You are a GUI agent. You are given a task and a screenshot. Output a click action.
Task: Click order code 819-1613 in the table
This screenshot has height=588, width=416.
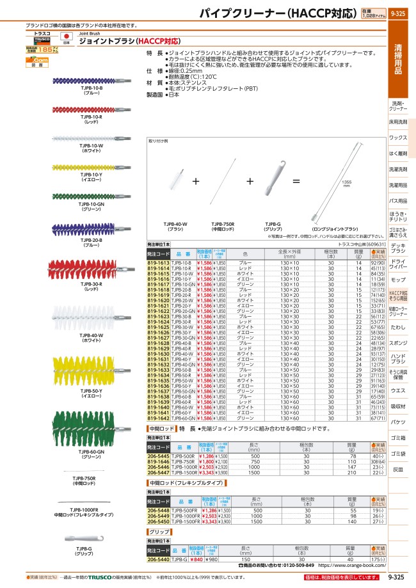pos(159,263)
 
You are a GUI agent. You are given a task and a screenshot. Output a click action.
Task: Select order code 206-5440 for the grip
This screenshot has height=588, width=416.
pos(159,559)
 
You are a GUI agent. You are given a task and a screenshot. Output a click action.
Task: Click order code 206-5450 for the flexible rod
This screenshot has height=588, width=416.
pos(159,521)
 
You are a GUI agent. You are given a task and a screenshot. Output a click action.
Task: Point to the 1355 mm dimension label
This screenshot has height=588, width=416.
pos(346,182)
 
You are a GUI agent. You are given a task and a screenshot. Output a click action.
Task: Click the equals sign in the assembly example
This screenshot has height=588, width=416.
pos(296,182)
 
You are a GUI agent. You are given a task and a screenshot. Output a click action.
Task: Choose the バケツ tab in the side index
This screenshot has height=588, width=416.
pos(398,422)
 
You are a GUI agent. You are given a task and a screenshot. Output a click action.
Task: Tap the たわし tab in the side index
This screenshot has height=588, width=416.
pos(398,328)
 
